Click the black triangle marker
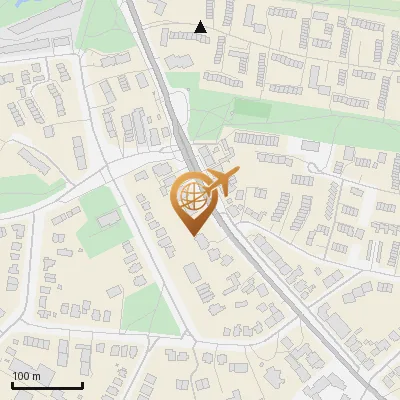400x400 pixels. [201, 28]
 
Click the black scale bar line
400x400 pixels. [47, 385]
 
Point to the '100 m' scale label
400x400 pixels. [26, 376]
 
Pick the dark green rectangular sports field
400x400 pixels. [254, 108]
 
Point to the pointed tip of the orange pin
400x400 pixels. [191, 233]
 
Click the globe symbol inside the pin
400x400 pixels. [189, 193]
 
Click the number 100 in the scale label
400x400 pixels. [21, 376]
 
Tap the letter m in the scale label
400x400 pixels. [36, 376]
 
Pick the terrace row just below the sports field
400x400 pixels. [257, 138]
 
